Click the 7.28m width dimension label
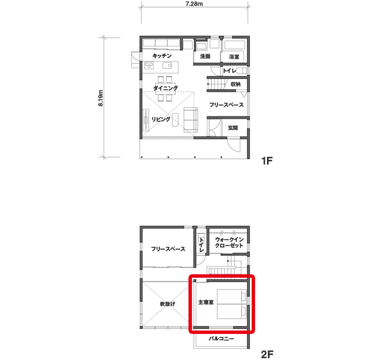(194, 4)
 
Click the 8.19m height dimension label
(101, 98)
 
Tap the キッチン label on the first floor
(162, 56)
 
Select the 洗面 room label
(205, 56)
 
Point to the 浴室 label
(234, 57)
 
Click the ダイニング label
(166, 88)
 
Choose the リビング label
(161, 119)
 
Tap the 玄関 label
(233, 128)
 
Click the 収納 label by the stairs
(236, 84)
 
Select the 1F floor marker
(267, 161)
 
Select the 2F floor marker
(267, 355)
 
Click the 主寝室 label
(206, 302)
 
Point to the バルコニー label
(221, 339)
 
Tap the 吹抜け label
(168, 304)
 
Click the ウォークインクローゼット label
(229, 243)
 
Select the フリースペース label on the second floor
(168, 249)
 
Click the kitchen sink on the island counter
(167, 65)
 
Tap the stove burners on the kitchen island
(149, 65)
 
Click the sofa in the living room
(191, 120)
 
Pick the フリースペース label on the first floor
(226, 105)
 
